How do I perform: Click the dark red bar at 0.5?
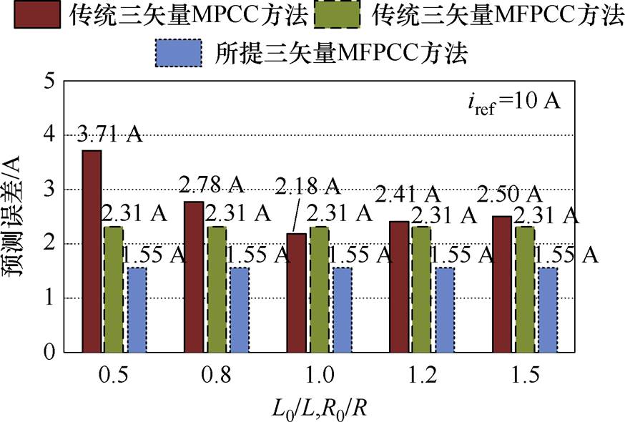pos(92,252)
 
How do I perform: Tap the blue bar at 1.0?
pos(342,310)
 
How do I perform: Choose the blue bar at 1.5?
pos(547,310)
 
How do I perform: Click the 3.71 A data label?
pos(109,135)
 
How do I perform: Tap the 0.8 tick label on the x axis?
pos(215,377)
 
